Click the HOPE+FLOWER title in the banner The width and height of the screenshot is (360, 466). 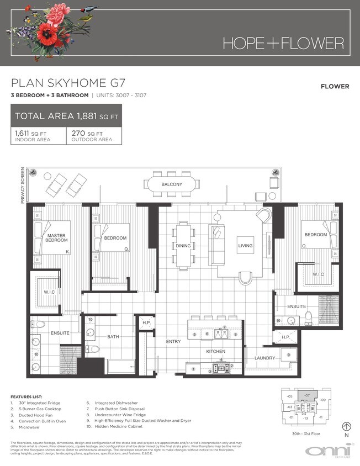(283, 43)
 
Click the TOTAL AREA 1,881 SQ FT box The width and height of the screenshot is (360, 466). (67, 116)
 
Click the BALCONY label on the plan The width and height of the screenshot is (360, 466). (172, 184)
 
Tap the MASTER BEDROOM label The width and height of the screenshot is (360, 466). (56, 239)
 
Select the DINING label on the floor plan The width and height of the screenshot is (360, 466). (183, 245)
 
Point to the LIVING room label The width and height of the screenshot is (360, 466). (245, 245)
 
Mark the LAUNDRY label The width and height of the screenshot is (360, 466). (264, 358)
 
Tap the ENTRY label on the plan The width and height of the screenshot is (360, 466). (173, 342)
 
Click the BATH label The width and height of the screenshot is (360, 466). (113, 336)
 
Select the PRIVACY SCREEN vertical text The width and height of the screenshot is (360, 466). (23, 185)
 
